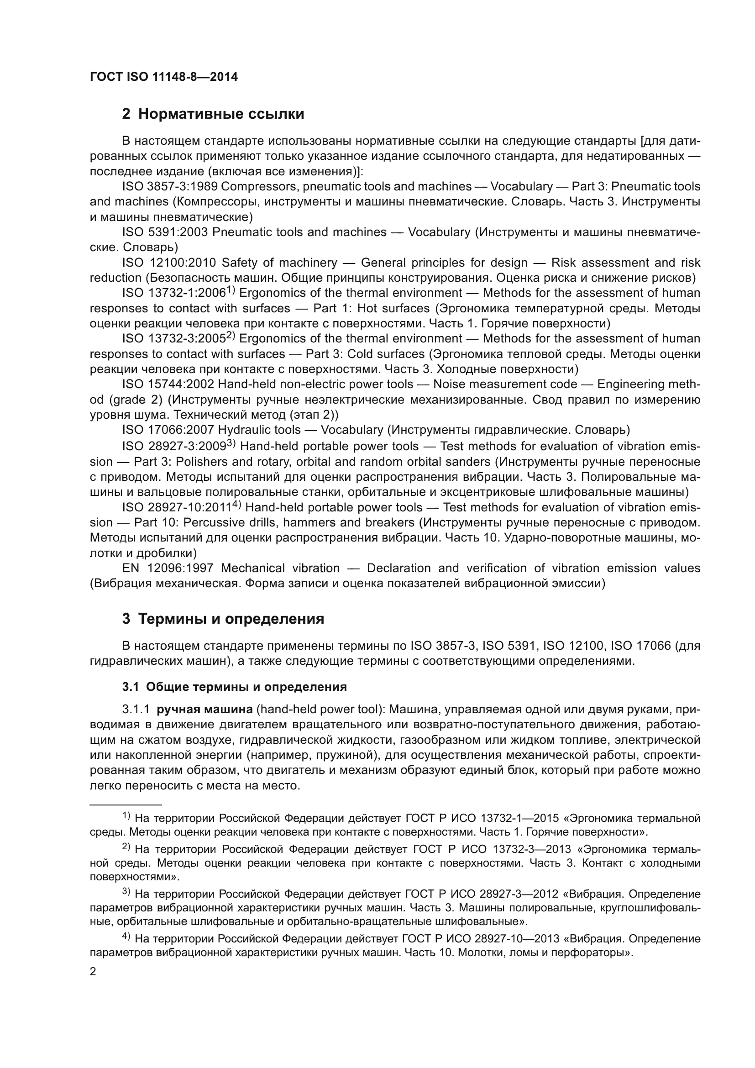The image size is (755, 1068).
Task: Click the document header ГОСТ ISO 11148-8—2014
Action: click(164, 77)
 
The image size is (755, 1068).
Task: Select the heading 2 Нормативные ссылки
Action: click(213, 114)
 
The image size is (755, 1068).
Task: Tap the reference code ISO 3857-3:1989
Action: click(169, 187)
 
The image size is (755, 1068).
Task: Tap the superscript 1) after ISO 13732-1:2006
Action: click(231, 290)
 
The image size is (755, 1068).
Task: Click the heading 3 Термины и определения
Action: click(223, 619)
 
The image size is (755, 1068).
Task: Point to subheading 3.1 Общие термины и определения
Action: click(235, 687)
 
